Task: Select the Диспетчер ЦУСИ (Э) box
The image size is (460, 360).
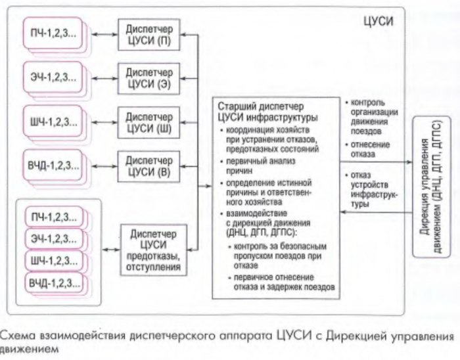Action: coord(149,76)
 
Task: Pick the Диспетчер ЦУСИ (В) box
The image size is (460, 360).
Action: coord(149,165)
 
